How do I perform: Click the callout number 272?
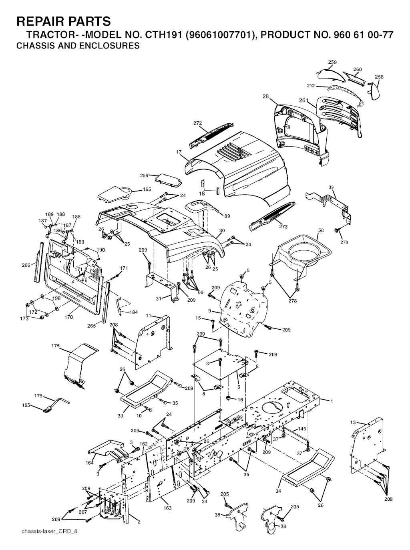tap(198, 123)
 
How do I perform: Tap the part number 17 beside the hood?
tap(178, 152)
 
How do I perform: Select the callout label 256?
tap(144, 175)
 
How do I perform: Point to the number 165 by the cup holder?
tap(147, 189)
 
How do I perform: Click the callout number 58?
tap(321, 230)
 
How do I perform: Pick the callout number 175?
tap(56, 346)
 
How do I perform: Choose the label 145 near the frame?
tap(302, 429)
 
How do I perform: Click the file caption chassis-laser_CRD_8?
tap(49, 538)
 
